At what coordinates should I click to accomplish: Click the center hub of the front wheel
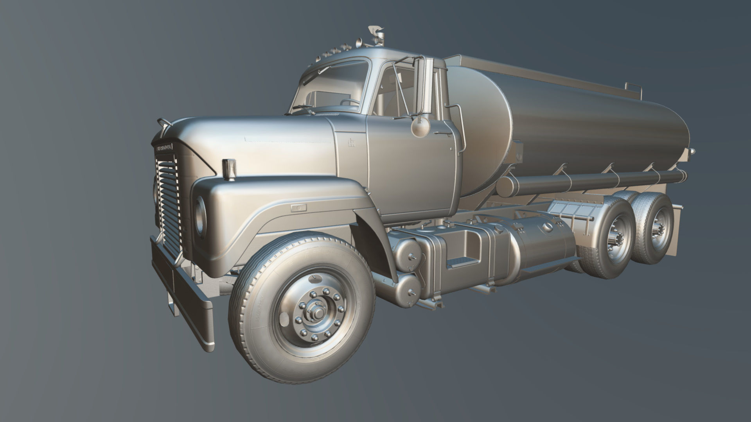[x=318, y=313]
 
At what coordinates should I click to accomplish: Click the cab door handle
[x=444, y=134]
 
